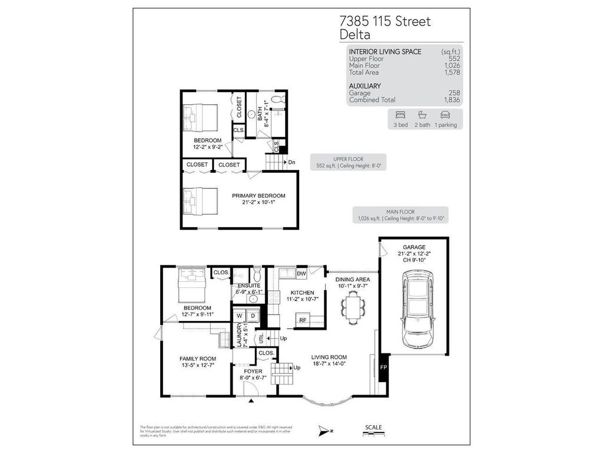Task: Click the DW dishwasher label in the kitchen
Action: click(301, 274)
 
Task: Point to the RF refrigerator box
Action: click(303, 320)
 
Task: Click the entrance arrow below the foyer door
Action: click(251, 401)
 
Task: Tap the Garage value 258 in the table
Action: click(454, 93)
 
